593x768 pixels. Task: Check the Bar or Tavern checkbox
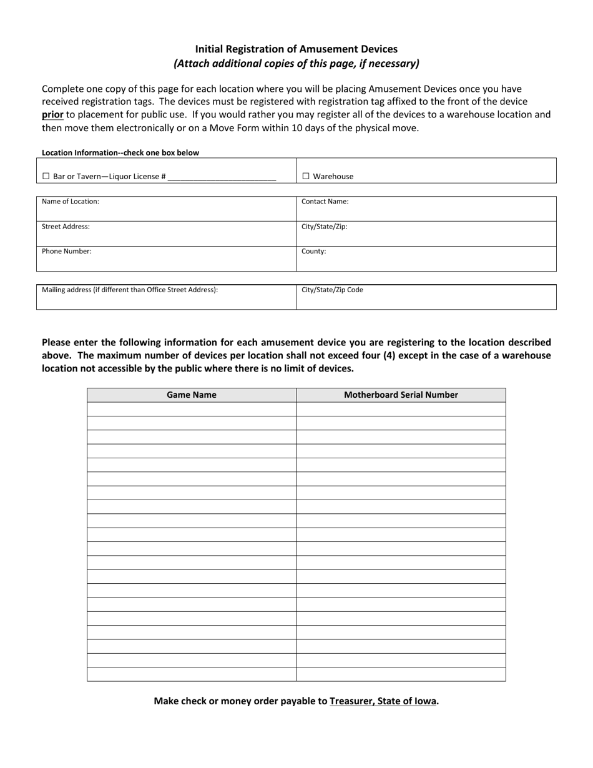(46, 177)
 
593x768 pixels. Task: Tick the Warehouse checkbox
(306, 177)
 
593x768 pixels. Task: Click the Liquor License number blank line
(222, 177)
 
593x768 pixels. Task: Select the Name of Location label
(70, 202)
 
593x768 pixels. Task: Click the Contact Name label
(325, 202)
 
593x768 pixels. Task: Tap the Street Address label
(66, 227)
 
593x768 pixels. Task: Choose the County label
(313, 252)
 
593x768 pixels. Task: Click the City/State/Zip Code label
(332, 290)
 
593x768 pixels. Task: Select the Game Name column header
(191, 395)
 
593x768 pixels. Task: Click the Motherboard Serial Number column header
(401, 395)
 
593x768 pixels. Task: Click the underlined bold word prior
(52, 114)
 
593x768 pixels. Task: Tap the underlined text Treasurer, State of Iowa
(383, 701)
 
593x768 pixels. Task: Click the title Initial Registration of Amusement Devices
(296, 49)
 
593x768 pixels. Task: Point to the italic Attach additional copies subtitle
(296, 63)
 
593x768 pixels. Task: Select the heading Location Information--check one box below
(120, 152)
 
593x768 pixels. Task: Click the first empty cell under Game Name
(191, 409)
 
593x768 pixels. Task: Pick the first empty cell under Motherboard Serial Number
(401, 409)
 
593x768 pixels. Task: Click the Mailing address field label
(130, 290)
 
